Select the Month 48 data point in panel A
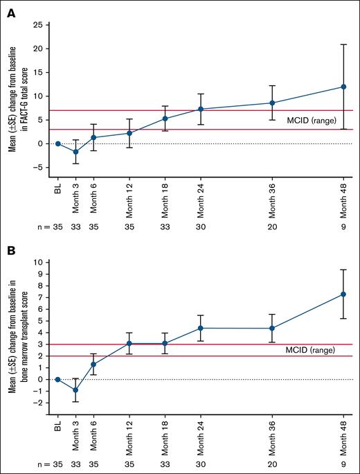tap(344, 87)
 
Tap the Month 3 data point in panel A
tap(75, 152)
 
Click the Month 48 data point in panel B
tap(344, 294)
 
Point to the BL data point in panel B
tap(58, 379)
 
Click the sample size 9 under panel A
tap(344, 225)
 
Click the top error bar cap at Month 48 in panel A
tap(344, 44)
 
